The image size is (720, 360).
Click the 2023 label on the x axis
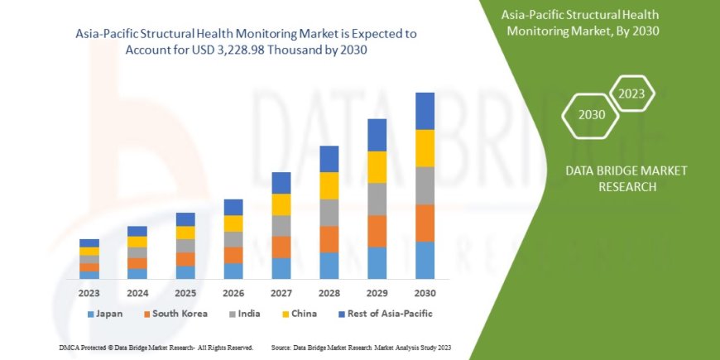(x=89, y=293)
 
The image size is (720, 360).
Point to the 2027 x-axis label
(x=281, y=293)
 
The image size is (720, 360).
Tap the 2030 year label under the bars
(x=425, y=293)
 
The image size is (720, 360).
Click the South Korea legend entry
(x=175, y=314)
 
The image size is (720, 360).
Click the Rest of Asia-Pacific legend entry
(x=386, y=314)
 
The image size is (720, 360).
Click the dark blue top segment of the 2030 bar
(x=425, y=111)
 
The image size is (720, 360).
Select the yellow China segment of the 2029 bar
(x=377, y=167)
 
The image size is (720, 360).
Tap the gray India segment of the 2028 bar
(x=329, y=213)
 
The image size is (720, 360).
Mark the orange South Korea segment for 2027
(x=281, y=247)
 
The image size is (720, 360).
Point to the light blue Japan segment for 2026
(x=233, y=271)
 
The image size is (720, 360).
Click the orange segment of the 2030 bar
(x=425, y=223)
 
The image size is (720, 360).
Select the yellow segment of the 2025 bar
(x=185, y=233)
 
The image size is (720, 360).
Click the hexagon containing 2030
(x=591, y=114)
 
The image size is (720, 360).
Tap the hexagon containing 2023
(x=631, y=93)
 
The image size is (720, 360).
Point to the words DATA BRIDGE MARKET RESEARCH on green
(x=626, y=178)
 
